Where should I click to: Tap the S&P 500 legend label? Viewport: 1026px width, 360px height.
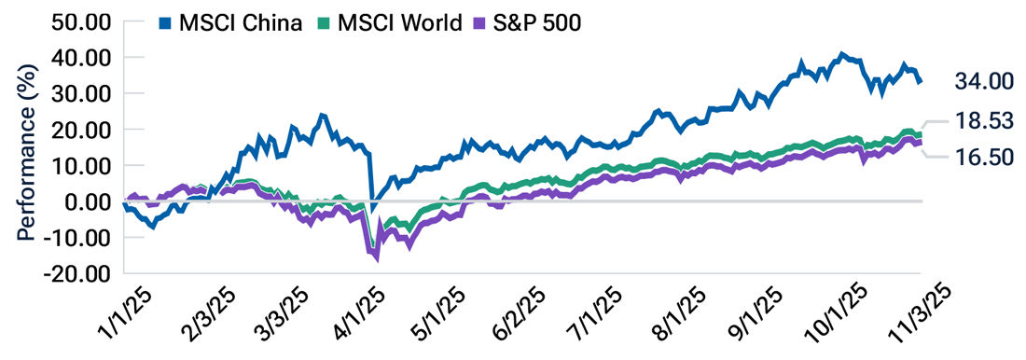click(536, 21)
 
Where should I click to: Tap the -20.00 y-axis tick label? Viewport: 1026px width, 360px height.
click(82, 274)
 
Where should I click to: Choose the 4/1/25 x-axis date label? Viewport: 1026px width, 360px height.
click(351, 317)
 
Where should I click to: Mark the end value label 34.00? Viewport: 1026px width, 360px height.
click(983, 82)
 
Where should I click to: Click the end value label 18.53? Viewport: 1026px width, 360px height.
click(983, 121)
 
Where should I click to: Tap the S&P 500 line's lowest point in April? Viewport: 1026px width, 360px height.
click(377, 259)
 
